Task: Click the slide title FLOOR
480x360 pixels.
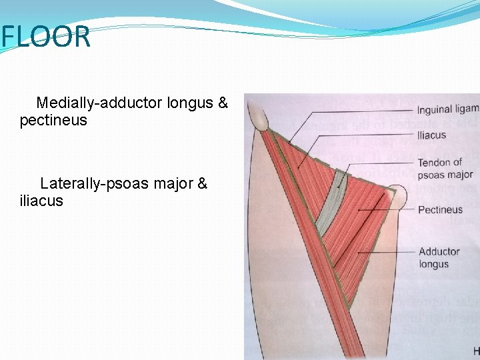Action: pyautogui.click(x=45, y=37)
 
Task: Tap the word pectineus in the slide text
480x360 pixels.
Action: pyautogui.click(x=53, y=121)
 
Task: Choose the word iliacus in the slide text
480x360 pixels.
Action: pyautogui.click(x=41, y=201)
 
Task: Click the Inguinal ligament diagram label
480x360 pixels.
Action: pyautogui.click(x=447, y=109)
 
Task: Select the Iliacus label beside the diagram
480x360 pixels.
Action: pyautogui.click(x=431, y=135)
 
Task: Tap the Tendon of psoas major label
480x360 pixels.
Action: pyautogui.click(x=445, y=169)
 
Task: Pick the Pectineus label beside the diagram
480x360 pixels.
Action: pyautogui.click(x=440, y=210)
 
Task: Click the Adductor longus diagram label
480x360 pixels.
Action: pyautogui.click(x=439, y=257)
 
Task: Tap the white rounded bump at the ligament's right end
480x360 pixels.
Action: pyautogui.click(x=397, y=196)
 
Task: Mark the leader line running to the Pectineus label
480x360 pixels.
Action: pyautogui.click(x=387, y=211)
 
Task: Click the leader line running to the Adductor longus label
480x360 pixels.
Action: pyautogui.click(x=387, y=253)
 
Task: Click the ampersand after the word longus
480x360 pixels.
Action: pyautogui.click(x=222, y=103)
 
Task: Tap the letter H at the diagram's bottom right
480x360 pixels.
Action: pyautogui.click(x=475, y=351)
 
